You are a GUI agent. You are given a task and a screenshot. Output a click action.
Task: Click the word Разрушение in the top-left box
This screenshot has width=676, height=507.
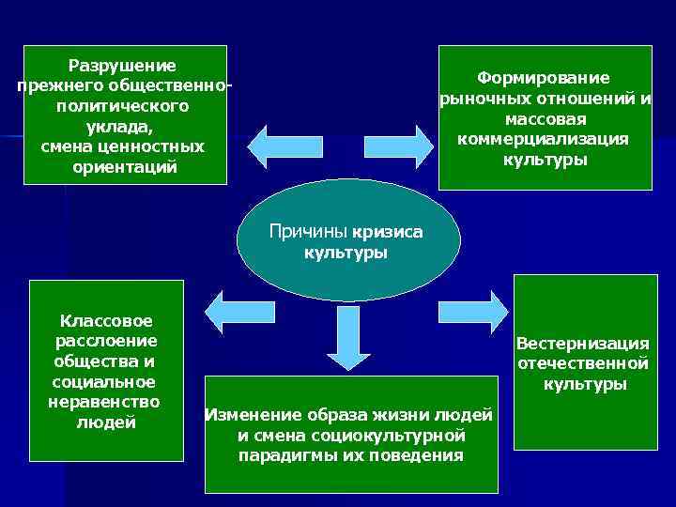(x=122, y=66)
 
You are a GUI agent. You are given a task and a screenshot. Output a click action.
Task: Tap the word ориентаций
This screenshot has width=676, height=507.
(x=124, y=168)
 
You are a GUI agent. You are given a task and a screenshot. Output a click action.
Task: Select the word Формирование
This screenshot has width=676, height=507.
(x=543, y=78)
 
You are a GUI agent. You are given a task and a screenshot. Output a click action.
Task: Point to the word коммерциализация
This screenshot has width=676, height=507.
(x=543, y=139)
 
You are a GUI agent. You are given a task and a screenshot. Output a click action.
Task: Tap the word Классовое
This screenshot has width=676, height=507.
(x=106, y=321)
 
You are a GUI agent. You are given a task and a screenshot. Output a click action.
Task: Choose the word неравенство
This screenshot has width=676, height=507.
(x=104, y=402)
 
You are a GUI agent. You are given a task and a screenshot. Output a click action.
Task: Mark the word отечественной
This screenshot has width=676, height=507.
(x=583, y=363)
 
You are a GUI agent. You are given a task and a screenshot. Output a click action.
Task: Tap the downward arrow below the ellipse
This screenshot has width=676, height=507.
(x=347, y=339)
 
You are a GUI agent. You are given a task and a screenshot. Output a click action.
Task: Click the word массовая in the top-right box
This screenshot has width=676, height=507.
(x=545, y=119)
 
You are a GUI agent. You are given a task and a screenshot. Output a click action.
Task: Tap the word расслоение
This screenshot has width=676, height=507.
(x=107, y=341)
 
